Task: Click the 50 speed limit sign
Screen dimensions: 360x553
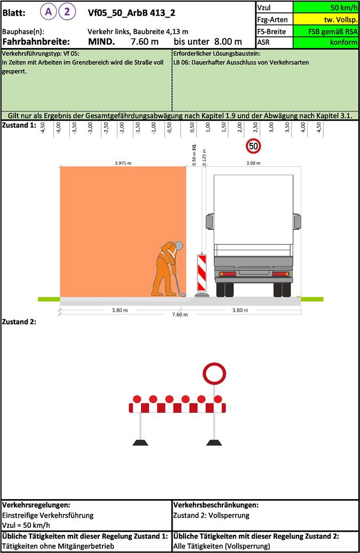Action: tap(254, 146)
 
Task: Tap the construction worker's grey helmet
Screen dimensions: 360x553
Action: tap(178, 245)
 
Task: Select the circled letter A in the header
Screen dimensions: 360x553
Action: tap(48, 12)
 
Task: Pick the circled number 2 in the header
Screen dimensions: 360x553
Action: tap(67, 12)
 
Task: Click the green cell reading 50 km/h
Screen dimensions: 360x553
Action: tap(325, 7)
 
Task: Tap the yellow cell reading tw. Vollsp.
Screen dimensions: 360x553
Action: tap(325, 19)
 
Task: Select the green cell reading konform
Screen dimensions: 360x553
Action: tap(325, 42)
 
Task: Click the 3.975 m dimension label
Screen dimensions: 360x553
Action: tap(123, 163)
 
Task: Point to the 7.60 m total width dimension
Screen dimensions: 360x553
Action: tap(180, 315)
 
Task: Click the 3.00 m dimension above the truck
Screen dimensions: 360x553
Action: tap(253, 163)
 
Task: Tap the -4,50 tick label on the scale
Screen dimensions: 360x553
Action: tap(43, 128)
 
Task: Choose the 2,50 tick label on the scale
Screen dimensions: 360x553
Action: tap(255, 128)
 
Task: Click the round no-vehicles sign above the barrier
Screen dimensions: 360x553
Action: tap(214, 374)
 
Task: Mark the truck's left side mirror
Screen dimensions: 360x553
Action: tap(210, 221)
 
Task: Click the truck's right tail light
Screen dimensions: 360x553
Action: tap(281, 274)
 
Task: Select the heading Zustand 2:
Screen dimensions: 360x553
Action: tap(19, 322)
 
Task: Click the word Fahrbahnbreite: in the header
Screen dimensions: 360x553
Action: tap(36, 42)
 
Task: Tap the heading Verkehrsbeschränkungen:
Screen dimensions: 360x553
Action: tap(216, 505)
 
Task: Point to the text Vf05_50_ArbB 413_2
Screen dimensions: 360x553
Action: tap(131, 13)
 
